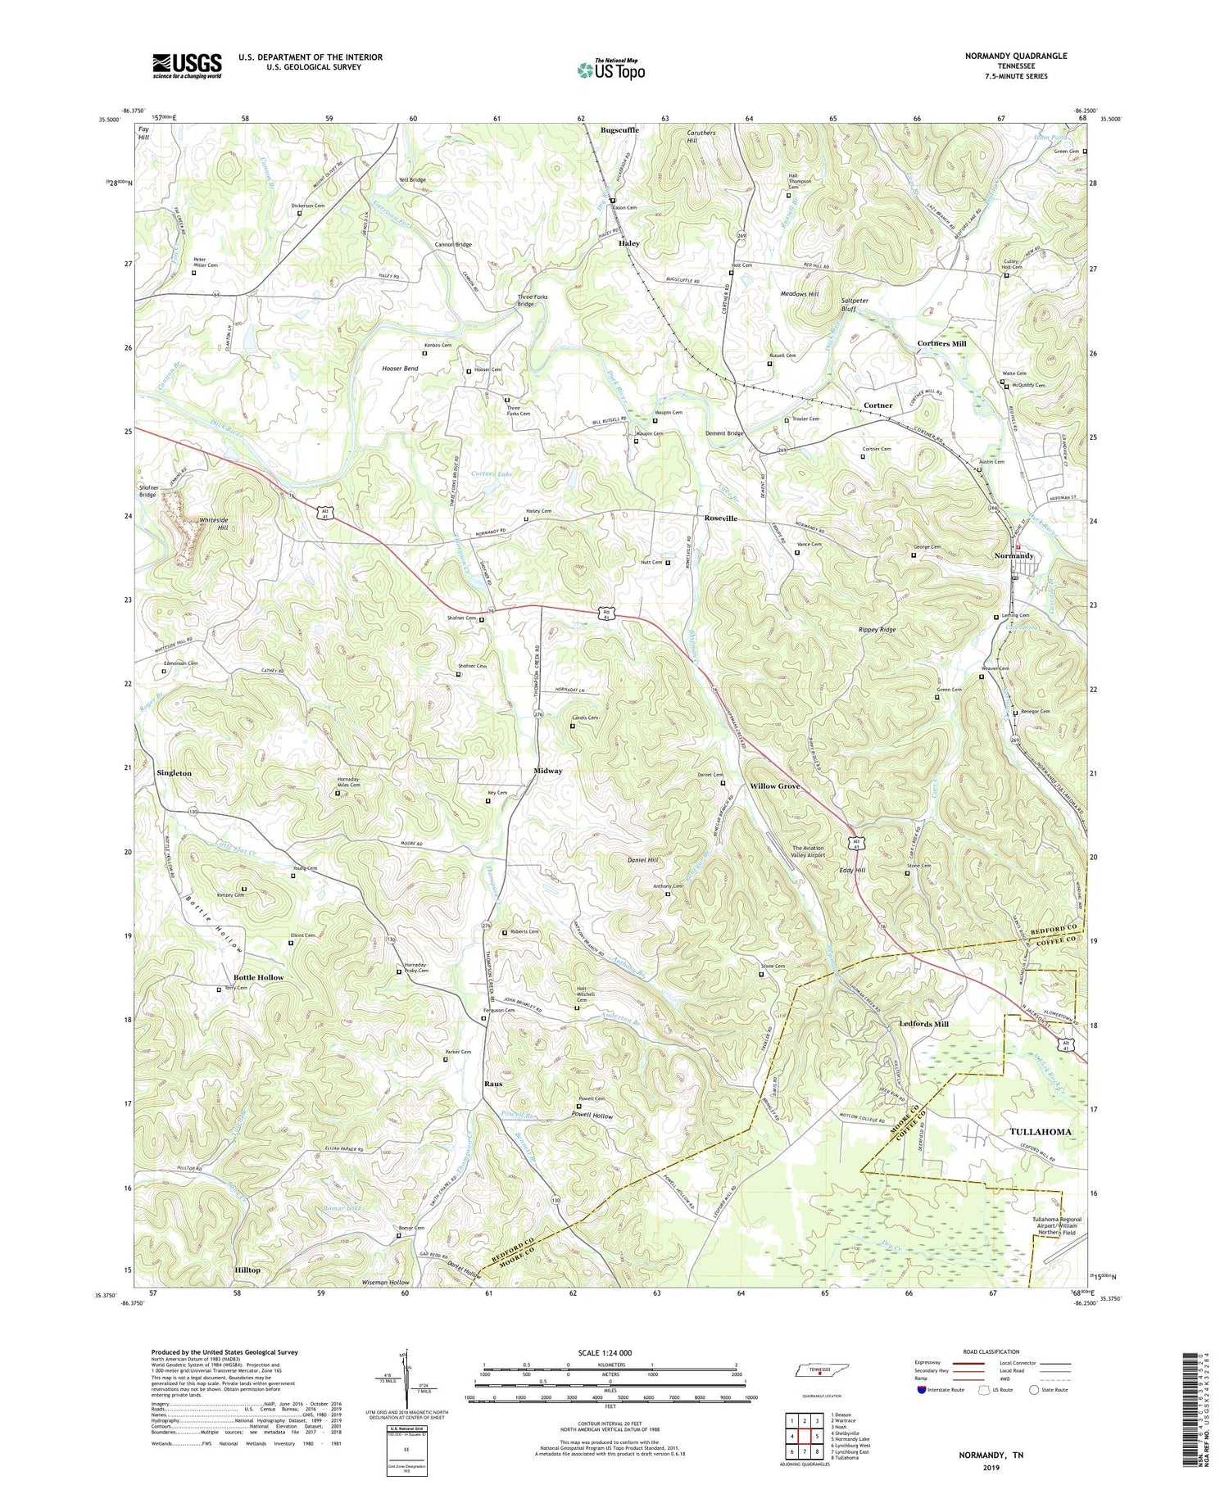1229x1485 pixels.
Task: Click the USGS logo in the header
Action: click(187, 66)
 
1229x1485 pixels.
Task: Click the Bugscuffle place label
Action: click(619, 130)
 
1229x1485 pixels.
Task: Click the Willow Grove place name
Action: click(775, 786)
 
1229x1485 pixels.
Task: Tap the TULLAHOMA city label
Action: click(1041, 1131)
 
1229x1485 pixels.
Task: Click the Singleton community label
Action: click(175, 773)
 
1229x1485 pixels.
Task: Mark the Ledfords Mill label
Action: click(923, 1024)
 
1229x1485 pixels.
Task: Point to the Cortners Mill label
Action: click(941, 344)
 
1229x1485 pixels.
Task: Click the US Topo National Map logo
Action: click(610, 70)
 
